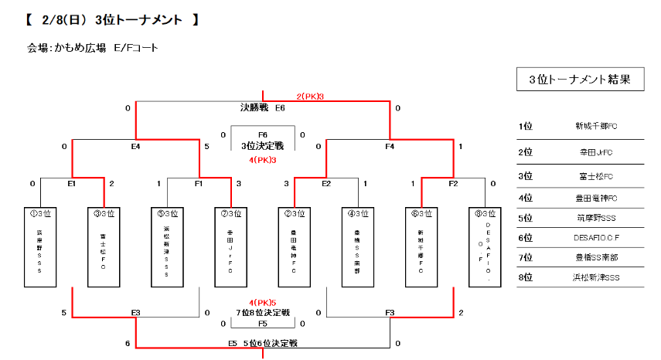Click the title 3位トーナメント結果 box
(580, 79)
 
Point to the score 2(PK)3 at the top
(309, 97)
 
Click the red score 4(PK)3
(263, 160)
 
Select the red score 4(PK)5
(263, 302)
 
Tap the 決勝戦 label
(254, 108)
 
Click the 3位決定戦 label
(263, 146)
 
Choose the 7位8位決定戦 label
(263, 313)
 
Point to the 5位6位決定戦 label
(271, 342)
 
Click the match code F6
(263, 135)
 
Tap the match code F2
(452, 184)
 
